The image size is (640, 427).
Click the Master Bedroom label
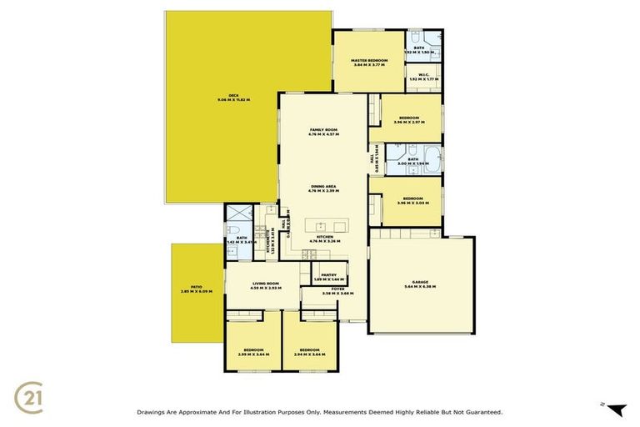coord(368,61)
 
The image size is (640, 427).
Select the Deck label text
coord(233,96)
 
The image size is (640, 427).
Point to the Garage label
coord(419,282)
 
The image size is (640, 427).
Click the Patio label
coord(196,287)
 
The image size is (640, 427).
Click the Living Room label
coord(266,284)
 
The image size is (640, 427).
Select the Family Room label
coord(323,130)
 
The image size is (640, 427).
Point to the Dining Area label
coord(323,187)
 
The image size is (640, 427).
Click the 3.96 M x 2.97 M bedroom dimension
coord(408,123)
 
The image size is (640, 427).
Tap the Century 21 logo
coord(30,395)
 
